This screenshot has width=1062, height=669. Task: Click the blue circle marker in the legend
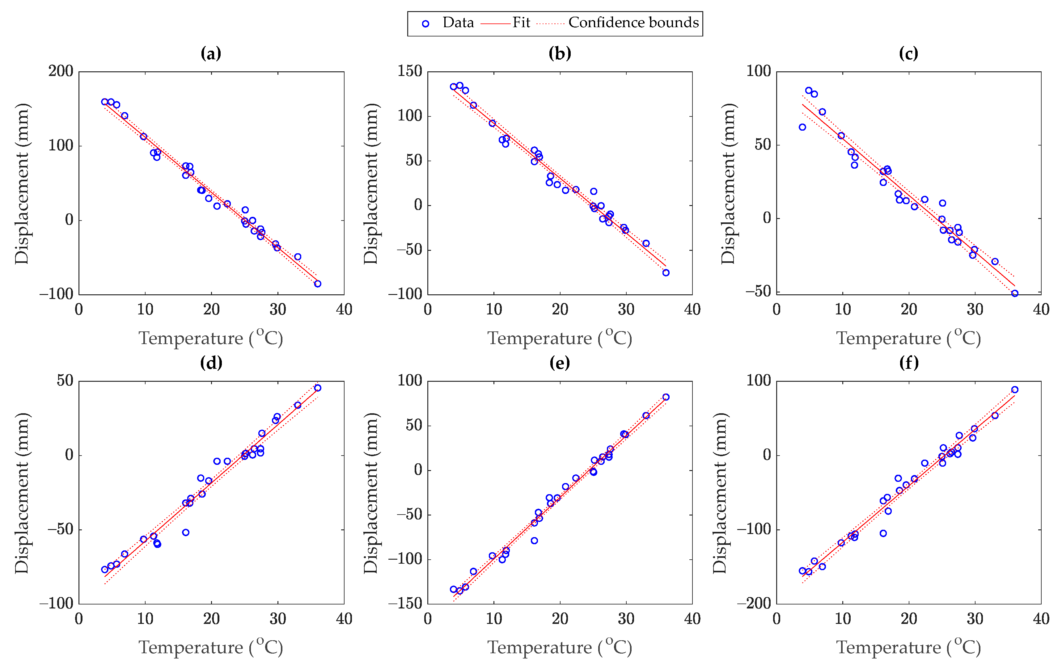(425, 24)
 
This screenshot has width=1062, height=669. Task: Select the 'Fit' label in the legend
(521, 23)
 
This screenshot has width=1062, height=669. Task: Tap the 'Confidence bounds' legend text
(633, 23)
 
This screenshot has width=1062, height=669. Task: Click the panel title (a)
(211, 53)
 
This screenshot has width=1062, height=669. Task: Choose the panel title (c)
(908, 53)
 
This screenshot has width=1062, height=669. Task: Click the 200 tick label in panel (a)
(61, 71)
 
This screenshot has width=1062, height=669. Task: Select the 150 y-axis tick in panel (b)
(410, 71)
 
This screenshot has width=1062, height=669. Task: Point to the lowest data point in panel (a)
(318, 284)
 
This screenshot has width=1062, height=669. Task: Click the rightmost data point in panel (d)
(318, 388)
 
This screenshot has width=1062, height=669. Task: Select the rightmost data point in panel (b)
(666, 273)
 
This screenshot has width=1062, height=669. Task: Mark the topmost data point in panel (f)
(1015, 389)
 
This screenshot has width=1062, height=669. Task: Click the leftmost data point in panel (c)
(802, 127)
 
